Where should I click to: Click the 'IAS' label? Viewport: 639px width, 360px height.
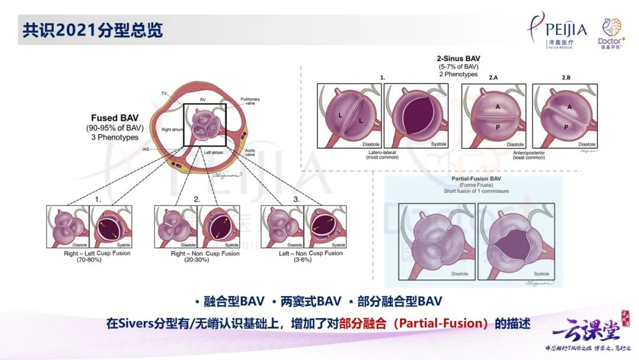(x=146, y=149)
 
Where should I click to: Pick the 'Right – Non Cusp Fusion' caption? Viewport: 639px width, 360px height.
(x=197, y=253)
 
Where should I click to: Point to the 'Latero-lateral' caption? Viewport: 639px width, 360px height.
(x=382, y=153)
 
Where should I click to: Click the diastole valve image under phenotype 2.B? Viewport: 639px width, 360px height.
(x=564, y=115)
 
